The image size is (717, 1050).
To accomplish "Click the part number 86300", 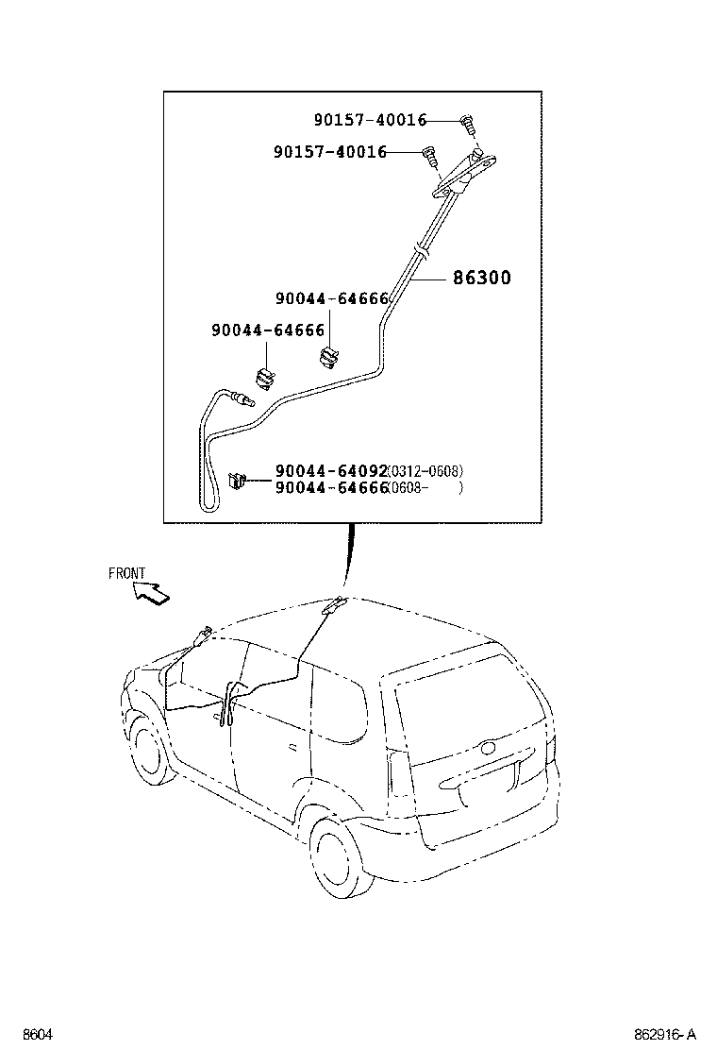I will (x=481, y=279).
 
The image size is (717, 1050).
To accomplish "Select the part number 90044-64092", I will (x=331, y=471).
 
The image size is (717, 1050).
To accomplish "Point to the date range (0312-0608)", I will (x=426, y=471).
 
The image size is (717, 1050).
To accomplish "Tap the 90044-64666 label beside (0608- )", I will (x=331, y=488).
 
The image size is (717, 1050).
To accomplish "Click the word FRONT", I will (x=127, y=573).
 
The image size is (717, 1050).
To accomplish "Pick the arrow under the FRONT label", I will (x=151, y=593).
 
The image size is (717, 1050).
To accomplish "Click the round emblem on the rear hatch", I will (x=489, y=749).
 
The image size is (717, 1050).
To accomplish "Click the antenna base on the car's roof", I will (x=332, y=606).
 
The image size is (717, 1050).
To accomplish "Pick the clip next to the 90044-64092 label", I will (x=237, y=482).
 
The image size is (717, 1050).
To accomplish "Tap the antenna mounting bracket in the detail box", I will (x=464, y=176).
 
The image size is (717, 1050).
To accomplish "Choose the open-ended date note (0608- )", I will (x=426, y=488).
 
